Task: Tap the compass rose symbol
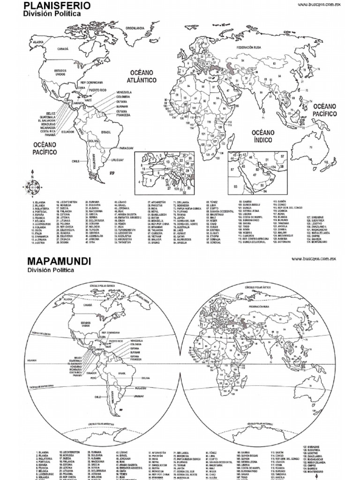(33, 187)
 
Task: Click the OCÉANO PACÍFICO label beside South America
(45, 149)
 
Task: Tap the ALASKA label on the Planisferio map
(38, 42)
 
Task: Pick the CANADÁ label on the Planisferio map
(63, 49)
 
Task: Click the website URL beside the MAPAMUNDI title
(314, 258)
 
